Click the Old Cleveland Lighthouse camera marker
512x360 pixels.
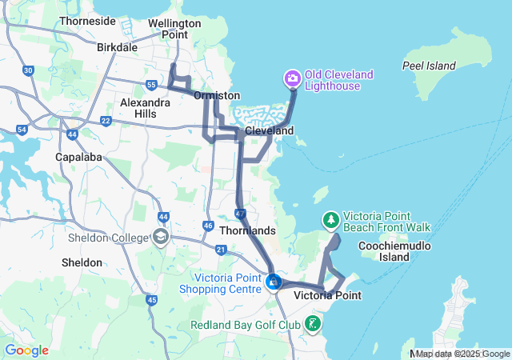(x=292, y=78)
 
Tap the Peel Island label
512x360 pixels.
(x=429, y=66)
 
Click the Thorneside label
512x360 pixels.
(x=87, y=21)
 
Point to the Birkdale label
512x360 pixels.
(x=118, y=47)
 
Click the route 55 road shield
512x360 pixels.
(x=152, y=85)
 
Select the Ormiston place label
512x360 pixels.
(x=217, y=95)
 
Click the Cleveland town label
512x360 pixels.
(x=269, y=130)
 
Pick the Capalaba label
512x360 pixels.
(x=78, y=157)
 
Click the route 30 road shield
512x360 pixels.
(x=29, y=71)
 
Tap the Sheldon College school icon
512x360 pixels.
(x=161, y=238)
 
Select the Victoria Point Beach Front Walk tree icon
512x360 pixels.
(x=330, y=220)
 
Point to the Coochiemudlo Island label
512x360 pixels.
(x=394, y=251)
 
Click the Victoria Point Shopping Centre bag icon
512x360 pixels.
(x=274, y=282)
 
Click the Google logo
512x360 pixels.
(x=26, y=350)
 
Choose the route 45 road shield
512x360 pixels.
(x=151, y=300)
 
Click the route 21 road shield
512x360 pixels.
(x=221, y=250)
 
